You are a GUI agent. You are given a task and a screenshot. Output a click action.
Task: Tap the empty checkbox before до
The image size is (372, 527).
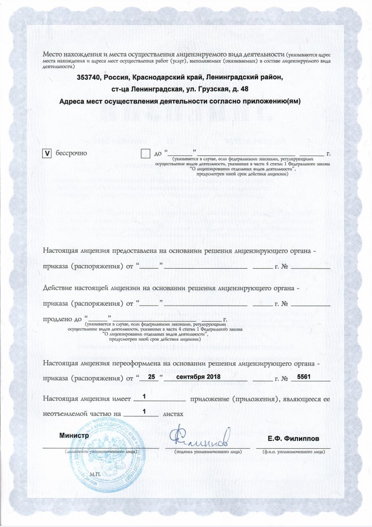145,153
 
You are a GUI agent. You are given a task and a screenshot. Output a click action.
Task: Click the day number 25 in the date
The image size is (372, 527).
151,377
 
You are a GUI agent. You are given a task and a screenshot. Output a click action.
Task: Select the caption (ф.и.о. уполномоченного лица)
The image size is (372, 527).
292,451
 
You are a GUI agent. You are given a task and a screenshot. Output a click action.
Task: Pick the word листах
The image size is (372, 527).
172,413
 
